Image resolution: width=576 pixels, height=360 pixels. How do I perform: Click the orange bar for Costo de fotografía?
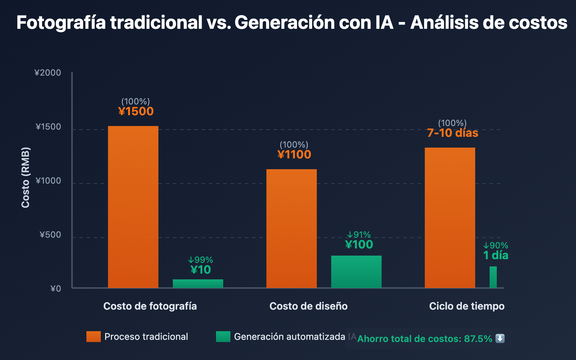pyautogui.click(x=133, y=207)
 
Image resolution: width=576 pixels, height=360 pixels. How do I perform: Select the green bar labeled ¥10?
pyautogui.click(x=198, y=284)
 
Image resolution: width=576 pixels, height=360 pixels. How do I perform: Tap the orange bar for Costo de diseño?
pyautogui.click(x=292, y=229)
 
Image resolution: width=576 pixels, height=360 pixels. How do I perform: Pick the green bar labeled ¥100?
pyautogui.click(x=356, y=272)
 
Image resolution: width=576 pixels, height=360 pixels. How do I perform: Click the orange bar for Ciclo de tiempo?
pyautogui.click(x=450, y=218)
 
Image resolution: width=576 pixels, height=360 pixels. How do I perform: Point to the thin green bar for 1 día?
pyautogui.click(x=493, y=277)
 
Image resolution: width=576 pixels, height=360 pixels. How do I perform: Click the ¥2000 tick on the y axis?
pyautogui.click(x=48, y=73)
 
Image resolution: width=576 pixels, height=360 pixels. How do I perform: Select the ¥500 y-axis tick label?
pyautogui.click(x=50, y=235)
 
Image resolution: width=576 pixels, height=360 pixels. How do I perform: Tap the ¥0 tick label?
pyautogui.click(x=56, y=289)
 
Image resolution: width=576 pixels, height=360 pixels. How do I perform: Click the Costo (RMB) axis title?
pyautogui.click(x=25, y=177)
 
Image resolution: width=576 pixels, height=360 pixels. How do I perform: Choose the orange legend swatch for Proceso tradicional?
pyautogui.click(x=94, y=337)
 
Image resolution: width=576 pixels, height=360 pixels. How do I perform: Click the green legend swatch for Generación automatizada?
pyautogui.click(x=223, y=337)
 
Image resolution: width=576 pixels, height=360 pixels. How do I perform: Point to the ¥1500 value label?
pyautogui.click(x=136, y=111)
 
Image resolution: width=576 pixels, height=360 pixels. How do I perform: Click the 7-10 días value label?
pyautogui.click(x=453, y=133)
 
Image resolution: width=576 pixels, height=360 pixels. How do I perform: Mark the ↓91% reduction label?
pyautogui.click(x=359, y=235)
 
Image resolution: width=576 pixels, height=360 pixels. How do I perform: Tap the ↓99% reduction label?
pyautogui.click(x=201, y=260)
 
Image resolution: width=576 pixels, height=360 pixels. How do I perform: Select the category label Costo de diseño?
pyautogui.click(x=309, y=306)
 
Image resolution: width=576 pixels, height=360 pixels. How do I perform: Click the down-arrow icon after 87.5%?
pyautogui.click(x=500, y=338)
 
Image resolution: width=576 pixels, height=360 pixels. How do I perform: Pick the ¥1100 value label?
pyautogui.click(x=294, y=154)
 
